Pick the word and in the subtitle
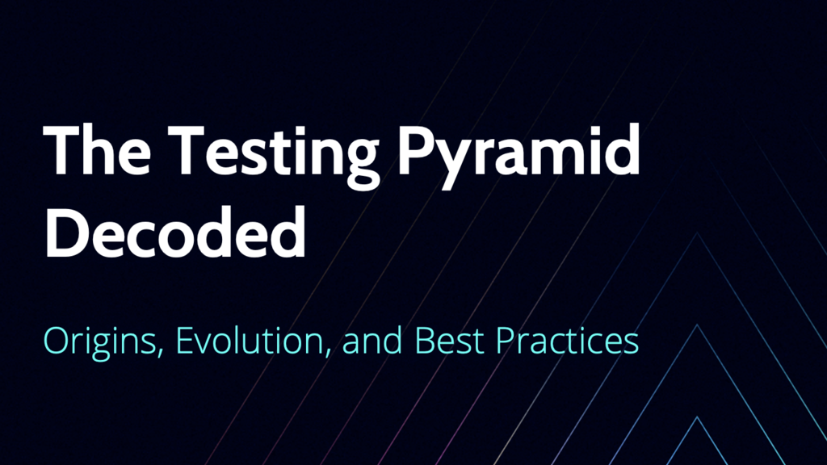click(372, 341)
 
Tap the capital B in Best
click(424, 341)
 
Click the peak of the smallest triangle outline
click(697, 417)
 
